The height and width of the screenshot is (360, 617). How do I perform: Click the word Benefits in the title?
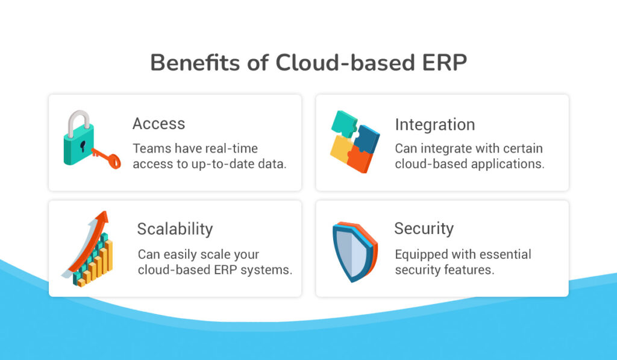tap(195, 62)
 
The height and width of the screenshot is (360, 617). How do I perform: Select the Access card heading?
tap(158, 124)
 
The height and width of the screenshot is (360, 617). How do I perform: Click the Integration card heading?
tap(435, 125)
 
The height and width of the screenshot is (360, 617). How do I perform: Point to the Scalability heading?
tap(175, 229)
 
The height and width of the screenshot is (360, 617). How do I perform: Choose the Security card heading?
tap(424, 229)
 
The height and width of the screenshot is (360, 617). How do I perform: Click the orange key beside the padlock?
tap(107, 159)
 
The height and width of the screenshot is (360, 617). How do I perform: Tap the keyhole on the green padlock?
tap(83, 146)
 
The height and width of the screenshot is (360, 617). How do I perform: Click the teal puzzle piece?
tap(343, 123)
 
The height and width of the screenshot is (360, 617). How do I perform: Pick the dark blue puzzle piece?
tap(368, 139)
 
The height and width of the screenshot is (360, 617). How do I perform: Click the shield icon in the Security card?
tap(354, 251)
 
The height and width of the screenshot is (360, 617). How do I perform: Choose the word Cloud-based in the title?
tap(345, 62)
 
